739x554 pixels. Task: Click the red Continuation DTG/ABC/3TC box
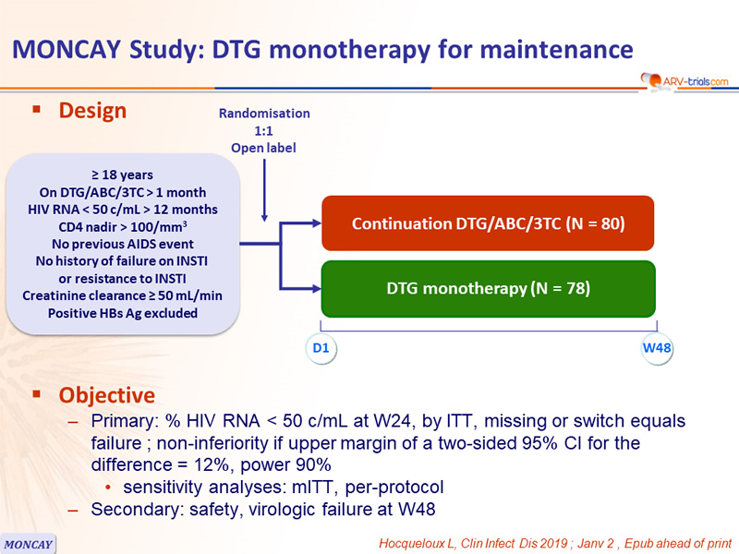(x=488, y=223)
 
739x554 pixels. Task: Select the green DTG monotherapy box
(x=489, y=288)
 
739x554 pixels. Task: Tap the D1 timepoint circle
(x=321, y=348)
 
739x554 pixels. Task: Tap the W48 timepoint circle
(x=657, y=348)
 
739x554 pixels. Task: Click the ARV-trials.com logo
(x=684, y=81)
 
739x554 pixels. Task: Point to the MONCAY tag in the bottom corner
(x=28, y=544)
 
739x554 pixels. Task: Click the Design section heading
(x=92, y=111)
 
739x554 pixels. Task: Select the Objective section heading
(x=106, y=395)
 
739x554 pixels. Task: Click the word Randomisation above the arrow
(x=264, y=114)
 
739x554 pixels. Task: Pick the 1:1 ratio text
(x=263, y=130)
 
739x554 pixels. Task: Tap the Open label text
(x=263, y=148)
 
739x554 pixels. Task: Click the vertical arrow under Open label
(x=264, y=190)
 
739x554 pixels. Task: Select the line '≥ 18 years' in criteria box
(x=123, y=175)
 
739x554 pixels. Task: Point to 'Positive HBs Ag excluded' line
(x=123, y=313)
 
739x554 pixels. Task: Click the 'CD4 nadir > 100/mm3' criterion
(x=123, y=226)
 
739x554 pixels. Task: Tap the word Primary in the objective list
(x=125, y=421)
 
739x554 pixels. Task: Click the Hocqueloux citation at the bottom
(x=555, y=543)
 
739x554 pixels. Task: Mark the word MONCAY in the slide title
(x=67, y=50)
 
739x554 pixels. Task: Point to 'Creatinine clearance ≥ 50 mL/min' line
(x=123, y=295)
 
